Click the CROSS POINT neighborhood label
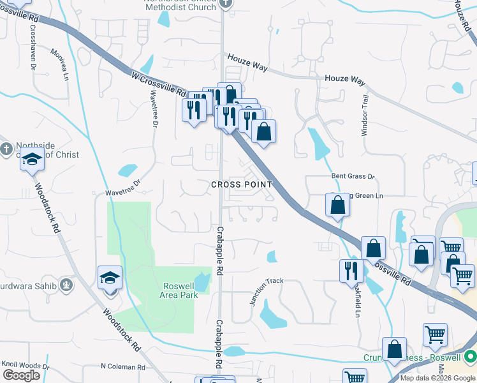(241, 184)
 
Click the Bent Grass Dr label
(353, 176)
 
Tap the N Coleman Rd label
(123, 367)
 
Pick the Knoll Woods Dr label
(26, 366)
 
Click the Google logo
(21, 375)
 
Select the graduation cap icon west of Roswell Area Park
(110, 278)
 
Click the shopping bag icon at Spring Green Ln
(338, 206)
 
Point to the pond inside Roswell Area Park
(202, 281)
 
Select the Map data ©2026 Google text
(437, 378)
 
